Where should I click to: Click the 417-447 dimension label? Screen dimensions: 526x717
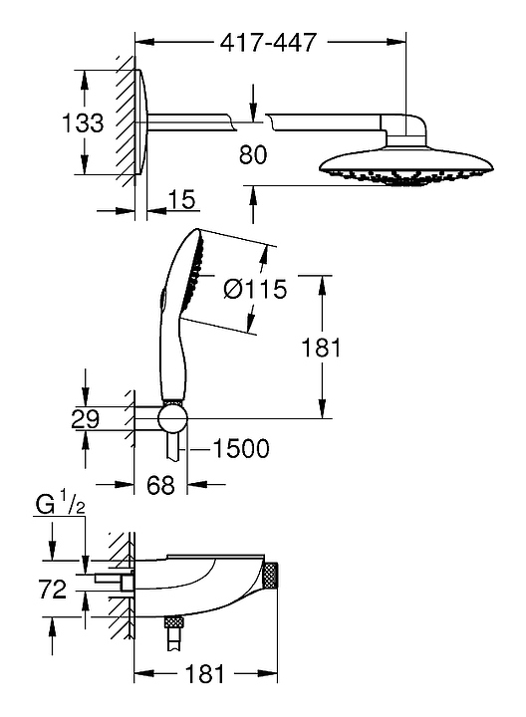point(268,43)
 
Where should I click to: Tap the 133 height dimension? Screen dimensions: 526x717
point(83,122)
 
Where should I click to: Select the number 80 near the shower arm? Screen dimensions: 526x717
point(253,154)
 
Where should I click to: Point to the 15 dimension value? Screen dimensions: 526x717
point(181,199)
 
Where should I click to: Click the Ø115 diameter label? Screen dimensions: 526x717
point(255,289)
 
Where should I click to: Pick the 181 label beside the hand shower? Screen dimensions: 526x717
point(321,348)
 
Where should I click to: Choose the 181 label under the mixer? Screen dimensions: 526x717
point(205,673)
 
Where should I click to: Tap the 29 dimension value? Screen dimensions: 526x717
point(85,419)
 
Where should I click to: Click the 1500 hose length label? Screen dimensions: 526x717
point(241,448)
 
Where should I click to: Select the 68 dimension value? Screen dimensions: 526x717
point(161,484)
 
